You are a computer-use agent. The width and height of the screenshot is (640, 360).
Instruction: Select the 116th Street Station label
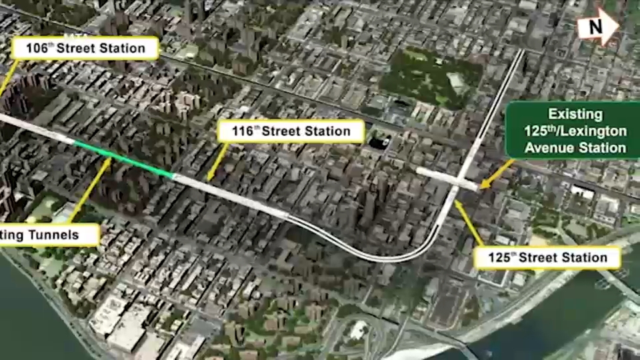point(291,131)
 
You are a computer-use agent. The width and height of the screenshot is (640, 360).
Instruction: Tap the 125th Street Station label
point(547,258)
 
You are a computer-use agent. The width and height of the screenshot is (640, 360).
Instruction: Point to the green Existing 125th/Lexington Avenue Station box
point(575,131)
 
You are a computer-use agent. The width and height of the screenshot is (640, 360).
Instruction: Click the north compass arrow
point(599,27)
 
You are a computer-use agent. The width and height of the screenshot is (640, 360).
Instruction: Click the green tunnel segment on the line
point(123,159)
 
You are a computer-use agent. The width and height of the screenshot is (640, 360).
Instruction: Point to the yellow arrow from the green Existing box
point(497,173)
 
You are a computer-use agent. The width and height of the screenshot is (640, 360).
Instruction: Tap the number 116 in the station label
point(243,131)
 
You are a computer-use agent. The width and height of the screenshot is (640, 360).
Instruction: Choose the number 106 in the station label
point(37,48)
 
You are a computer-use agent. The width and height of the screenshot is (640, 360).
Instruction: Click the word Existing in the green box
point(575,114)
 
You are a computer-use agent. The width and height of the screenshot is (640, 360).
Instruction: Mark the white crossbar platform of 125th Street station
point(447,178)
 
